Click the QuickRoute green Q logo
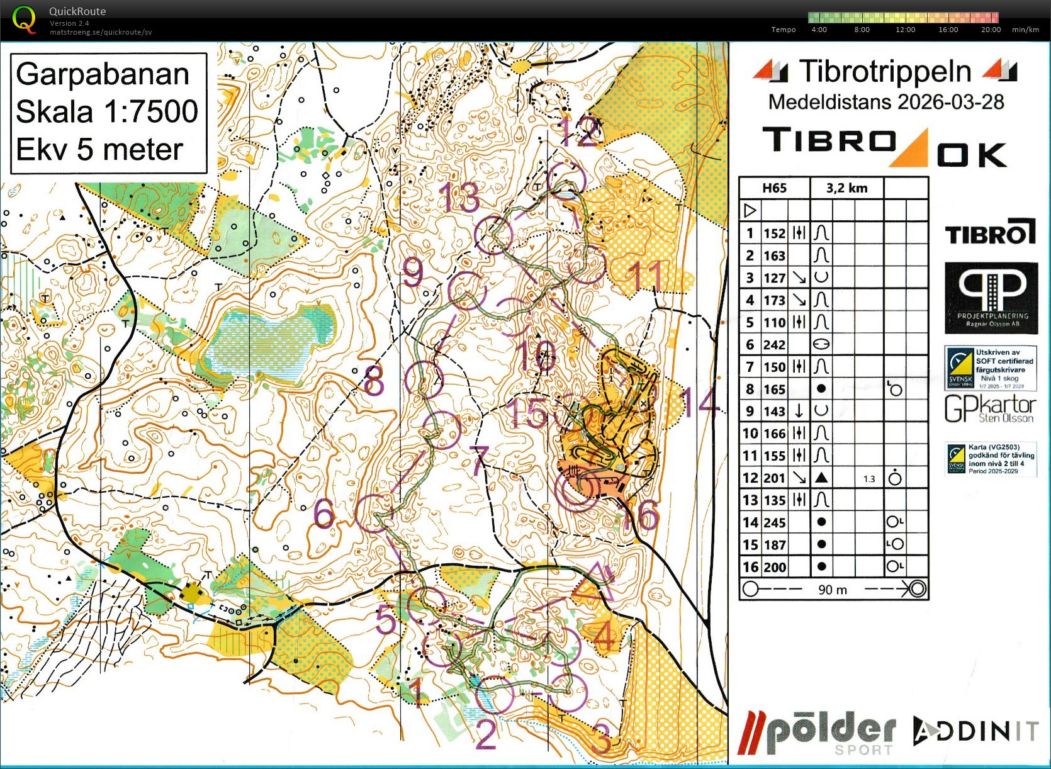point(24,20)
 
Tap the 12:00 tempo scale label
point(905,30)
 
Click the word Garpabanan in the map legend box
point(103,74)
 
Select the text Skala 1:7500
point(107,111)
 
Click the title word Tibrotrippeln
point(885,71)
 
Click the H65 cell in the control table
point(774,188)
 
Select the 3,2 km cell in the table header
point(846,188)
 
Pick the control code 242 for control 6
point(774,345)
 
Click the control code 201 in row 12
point(774,478)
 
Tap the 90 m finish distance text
point(832,590)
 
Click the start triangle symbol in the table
point(750,210)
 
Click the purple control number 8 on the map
point(373,380)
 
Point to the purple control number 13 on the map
point(460,198)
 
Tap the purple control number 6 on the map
point(323,514)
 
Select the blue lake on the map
point(271,343)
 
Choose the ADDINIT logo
point(976,731)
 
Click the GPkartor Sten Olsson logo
point(990,409)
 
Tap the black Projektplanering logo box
point(991,298)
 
